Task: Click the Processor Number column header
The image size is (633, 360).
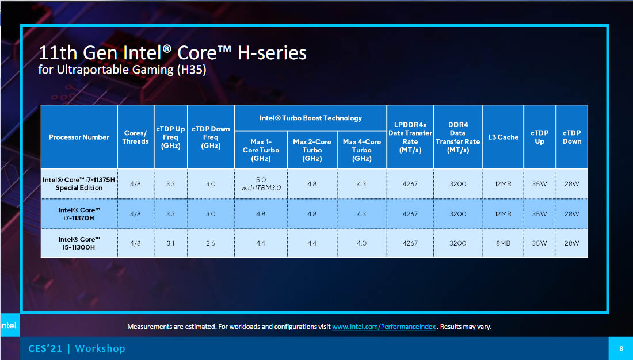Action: coord(79,137)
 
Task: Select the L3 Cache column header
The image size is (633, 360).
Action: coord(503,137)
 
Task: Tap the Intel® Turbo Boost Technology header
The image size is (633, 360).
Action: coord(310,118)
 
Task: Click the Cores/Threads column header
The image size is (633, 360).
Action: coord(136,137)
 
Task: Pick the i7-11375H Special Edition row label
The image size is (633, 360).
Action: coord(79,183)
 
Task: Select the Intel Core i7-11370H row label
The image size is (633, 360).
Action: coord(79,214)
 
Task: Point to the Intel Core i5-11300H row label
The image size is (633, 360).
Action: coord(79,243)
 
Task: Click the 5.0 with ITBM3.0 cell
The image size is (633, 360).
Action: coord(261,183)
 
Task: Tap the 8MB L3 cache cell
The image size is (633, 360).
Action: coord(503,243)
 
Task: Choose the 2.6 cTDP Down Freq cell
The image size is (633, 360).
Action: coord(210,243)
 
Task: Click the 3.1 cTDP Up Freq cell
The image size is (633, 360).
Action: coord(170,243)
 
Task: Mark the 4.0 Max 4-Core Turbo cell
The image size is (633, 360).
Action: coord(361,243)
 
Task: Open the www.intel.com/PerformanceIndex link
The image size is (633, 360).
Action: coord(384,327)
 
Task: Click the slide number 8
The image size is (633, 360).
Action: coord(621,348)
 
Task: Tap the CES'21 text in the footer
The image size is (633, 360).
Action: coord(45,348)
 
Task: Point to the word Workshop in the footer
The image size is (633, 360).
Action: coord(100,348)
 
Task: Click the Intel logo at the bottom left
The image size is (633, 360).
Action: coord(9,325)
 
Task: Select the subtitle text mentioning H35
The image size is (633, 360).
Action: coord(122,70)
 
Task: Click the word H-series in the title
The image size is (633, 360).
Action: coord(272,53)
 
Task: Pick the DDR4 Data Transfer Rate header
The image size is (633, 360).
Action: coord(458,137)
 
